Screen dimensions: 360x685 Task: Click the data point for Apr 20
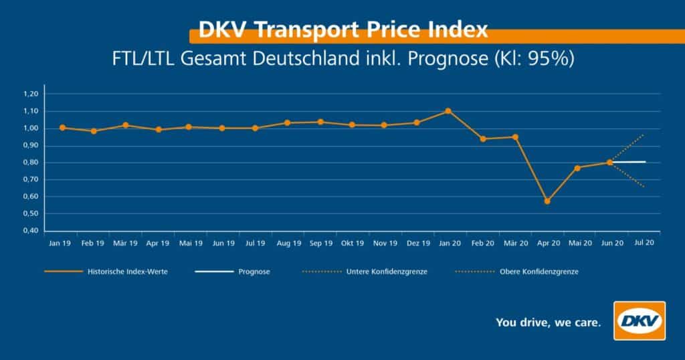[547, 201]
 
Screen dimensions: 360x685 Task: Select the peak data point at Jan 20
[448, 111]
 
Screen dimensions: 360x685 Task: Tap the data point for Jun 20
[609, 162]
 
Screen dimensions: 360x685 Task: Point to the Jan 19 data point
[62, 128]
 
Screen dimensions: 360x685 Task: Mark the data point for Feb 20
[482, 139]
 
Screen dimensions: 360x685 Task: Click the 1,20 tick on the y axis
[31, 94]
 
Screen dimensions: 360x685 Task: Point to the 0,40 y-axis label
[31, 231]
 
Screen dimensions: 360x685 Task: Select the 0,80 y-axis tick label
[31, 163]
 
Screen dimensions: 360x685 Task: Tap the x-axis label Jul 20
[644, 243]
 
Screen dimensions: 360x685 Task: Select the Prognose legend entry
[254, 272]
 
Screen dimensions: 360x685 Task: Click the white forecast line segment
[629, 162]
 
